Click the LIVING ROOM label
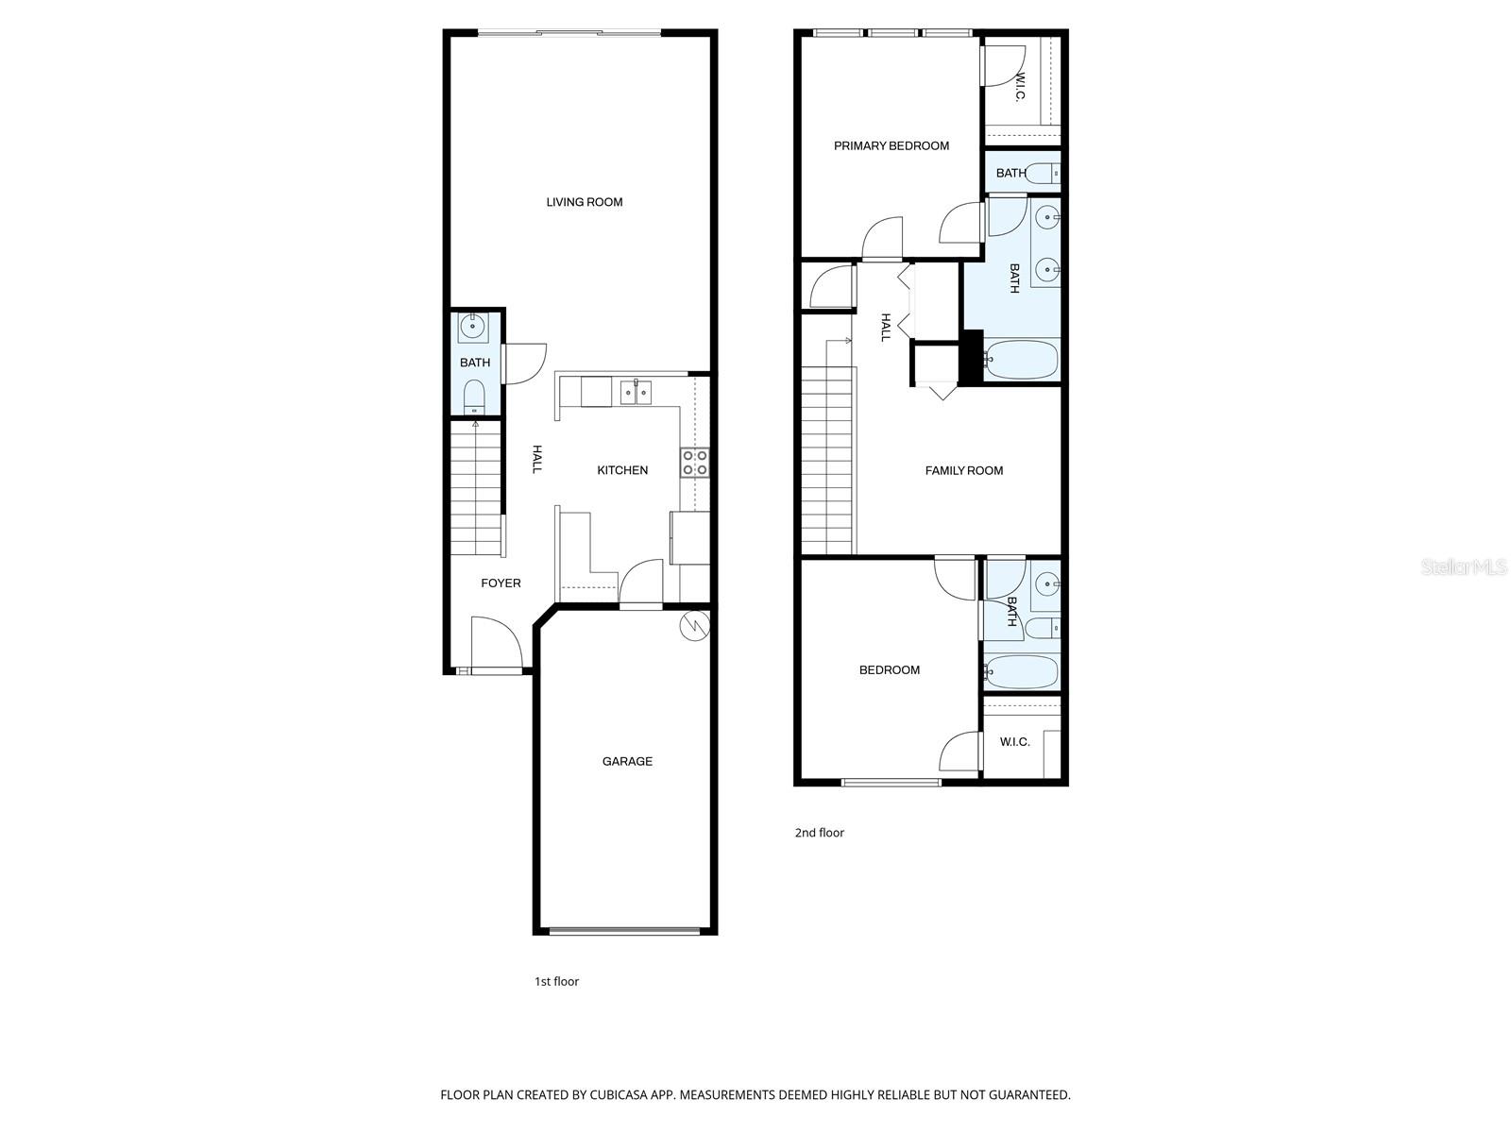(584, 202)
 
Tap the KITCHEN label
(621, 470)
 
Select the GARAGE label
(626, 762)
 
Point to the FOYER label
(501, 583)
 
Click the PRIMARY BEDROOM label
(891, 145)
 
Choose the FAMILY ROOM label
(964, 470)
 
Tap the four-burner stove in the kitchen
(695, 463)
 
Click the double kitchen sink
(636, 392)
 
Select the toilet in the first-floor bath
(474, 398)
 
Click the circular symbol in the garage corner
(694, 626)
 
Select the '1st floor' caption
(556, 982)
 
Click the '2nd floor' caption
(819, 833)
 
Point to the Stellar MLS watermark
(1464, 567)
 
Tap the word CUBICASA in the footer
(619, 1095)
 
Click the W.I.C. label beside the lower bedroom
(1014, 742)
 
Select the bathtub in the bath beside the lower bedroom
(1021, 671)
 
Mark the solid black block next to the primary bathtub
(972, 357)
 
